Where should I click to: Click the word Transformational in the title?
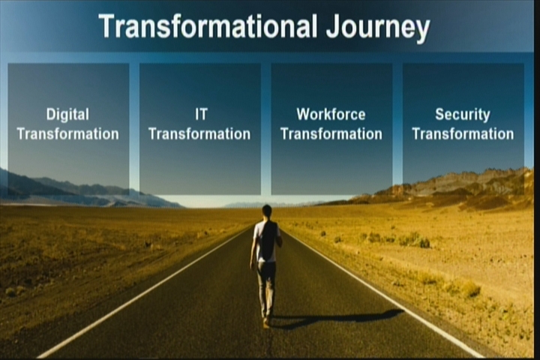208,26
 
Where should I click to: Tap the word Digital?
67,115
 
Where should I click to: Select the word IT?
201,114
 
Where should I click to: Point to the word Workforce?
331,114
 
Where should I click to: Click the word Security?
463,115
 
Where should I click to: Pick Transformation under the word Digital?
67,134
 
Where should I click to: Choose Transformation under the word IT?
199,134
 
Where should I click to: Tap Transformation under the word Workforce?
331,134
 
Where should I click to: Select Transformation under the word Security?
463,134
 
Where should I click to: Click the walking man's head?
266,211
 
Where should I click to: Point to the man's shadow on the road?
337,317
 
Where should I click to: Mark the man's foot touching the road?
265,323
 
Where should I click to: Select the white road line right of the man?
382,292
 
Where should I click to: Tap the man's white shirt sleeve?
256,232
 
